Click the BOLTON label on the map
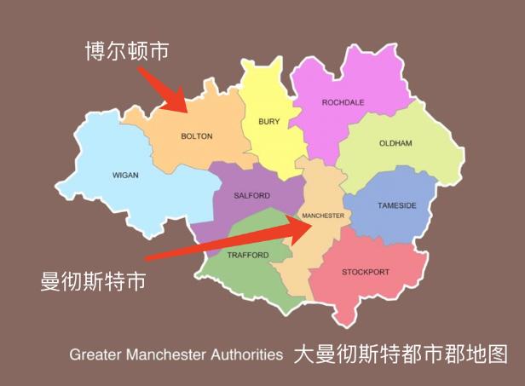coord(197,136)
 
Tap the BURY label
coord(268,122)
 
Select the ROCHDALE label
coord(343,102)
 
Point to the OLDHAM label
coord(395,143)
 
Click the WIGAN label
coord(125,176)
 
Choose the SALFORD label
coord(251,195)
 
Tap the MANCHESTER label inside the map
coord(323,216)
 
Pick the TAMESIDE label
coord(397,205)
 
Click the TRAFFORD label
coord(248,255)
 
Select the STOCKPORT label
coord(366,272)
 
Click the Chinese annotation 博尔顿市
coord(126,51)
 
